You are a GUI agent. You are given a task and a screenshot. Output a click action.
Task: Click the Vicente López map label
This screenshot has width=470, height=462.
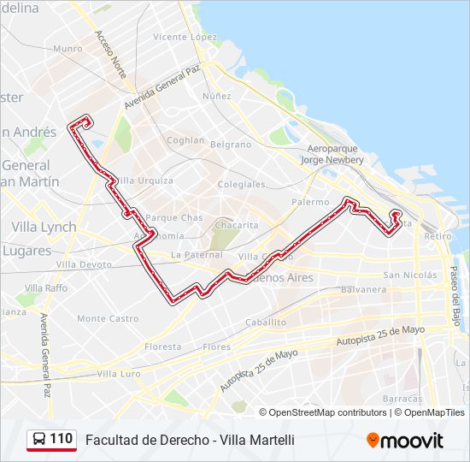coord(185,38)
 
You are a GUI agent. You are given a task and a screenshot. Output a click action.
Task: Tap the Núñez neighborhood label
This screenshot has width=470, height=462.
coord(217,97)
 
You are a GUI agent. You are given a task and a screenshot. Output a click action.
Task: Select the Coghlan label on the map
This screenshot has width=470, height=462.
coord(185,140)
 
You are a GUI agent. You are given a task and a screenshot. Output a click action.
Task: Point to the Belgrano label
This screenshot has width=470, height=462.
coord(231,145)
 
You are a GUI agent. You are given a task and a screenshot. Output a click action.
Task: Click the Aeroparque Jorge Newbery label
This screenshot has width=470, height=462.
coord(333,154)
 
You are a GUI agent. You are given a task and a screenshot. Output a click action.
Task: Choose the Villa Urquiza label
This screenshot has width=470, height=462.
coord(144,181)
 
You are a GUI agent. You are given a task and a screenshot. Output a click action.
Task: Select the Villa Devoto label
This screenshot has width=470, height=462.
coord(84,265)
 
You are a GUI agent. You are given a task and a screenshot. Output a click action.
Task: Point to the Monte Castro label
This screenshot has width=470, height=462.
coord(108,318)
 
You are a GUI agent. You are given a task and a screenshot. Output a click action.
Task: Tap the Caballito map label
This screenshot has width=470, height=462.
coord(266,323)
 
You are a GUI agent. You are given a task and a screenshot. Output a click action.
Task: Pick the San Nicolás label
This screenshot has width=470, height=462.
coord(409,275)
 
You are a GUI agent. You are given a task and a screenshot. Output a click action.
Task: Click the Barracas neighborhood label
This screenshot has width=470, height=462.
coord(402,399)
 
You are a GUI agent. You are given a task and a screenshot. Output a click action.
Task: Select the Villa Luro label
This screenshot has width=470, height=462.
coord(119,374)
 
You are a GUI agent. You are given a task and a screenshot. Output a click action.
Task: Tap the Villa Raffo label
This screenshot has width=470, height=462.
coord(46,288)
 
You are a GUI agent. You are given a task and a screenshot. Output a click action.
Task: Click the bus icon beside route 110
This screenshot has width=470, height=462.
coord(38,440)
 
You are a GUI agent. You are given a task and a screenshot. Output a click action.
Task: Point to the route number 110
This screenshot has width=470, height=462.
coord(61,439)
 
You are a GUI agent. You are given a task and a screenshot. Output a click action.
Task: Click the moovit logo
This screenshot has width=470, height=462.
coord(405,441)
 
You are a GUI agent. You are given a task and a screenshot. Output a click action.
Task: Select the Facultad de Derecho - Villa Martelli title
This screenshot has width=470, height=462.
coord(190,440)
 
